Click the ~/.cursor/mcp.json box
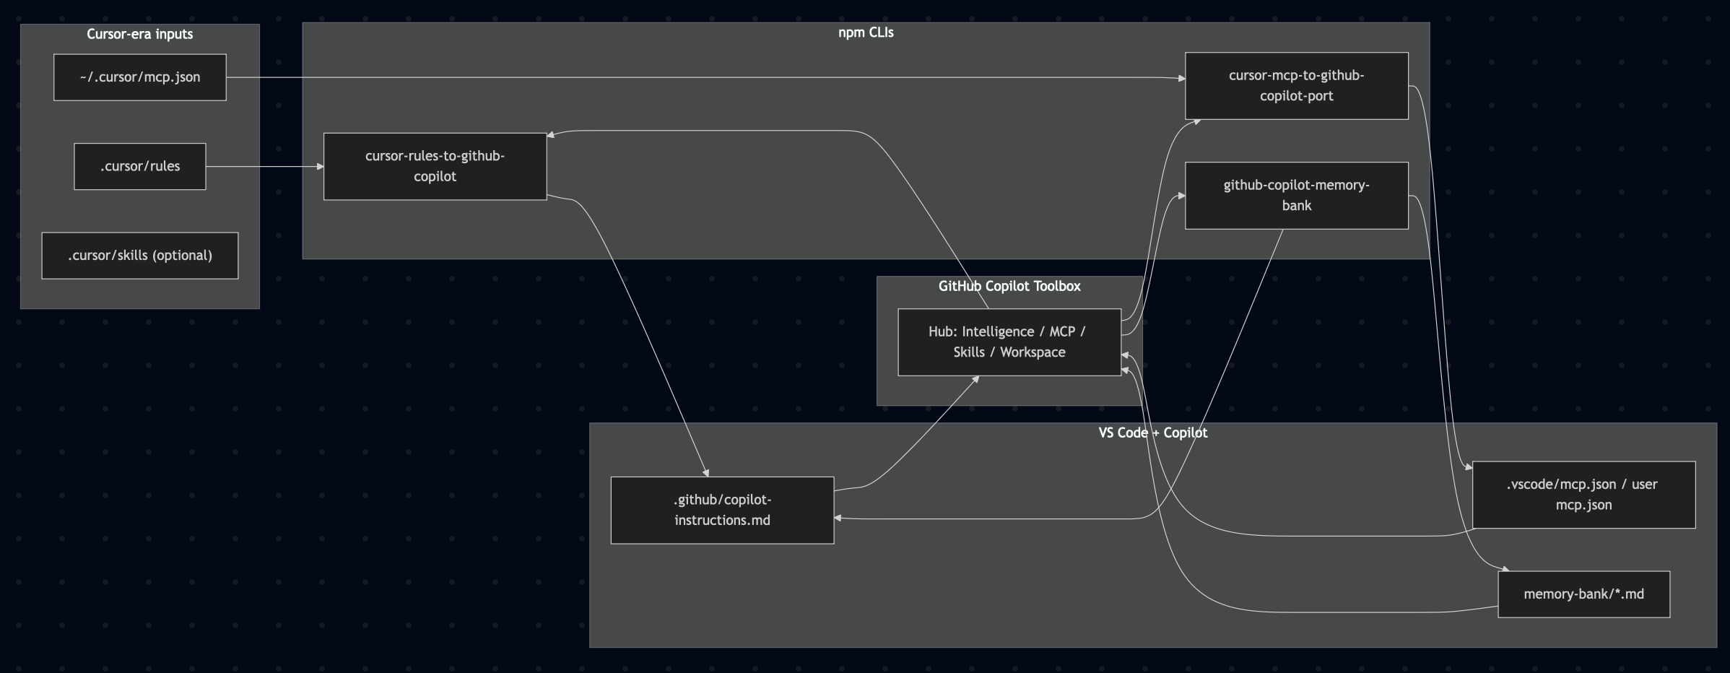139,77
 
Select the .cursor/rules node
139,166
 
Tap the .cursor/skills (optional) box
139,255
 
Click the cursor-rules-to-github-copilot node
435,166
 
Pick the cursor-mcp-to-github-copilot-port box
1296,85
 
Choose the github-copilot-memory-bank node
1296,195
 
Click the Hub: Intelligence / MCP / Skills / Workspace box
1009,342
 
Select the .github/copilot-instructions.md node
722,510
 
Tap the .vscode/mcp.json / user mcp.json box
1583,495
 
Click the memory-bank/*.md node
1583,594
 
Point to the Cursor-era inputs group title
139,34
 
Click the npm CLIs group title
865,32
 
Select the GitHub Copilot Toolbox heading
1009,286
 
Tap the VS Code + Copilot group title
1152,433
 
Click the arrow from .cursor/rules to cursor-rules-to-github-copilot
264,167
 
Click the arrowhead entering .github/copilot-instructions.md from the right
838,518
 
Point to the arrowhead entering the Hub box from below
975,378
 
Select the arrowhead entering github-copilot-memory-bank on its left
1181,195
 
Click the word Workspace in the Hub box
1032,352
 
